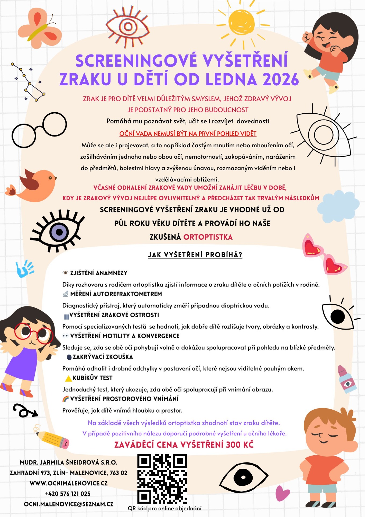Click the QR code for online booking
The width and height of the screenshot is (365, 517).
coord(162,479)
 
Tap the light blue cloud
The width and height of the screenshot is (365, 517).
coord(338,206)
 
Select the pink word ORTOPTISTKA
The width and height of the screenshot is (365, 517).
coord(208,237)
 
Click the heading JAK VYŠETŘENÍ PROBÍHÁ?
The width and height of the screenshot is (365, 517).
coord(195,254)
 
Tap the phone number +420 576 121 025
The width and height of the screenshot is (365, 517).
coord(68,494)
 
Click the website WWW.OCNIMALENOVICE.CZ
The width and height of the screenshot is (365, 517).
coord(69,483)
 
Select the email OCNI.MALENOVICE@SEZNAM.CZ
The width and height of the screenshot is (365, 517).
coord(69,504)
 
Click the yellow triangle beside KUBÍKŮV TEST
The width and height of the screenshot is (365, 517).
coord(69,378)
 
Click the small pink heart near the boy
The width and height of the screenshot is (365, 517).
coord(282,493)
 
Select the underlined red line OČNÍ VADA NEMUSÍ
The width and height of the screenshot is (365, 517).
coord(188,134)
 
